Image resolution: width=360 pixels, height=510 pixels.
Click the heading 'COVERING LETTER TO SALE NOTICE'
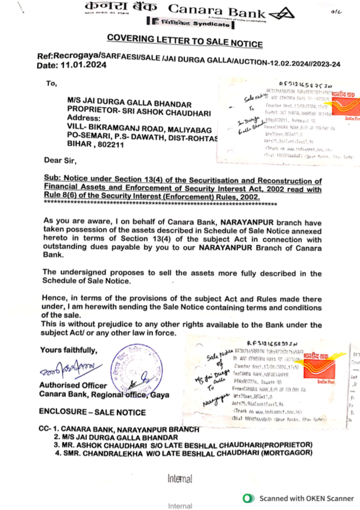(x=185, y=41)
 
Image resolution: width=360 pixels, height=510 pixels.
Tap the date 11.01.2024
(x=83, y=65)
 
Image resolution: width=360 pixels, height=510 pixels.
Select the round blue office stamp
(x=136, y=368)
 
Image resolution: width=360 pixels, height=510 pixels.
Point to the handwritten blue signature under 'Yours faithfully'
(x=70, y=368)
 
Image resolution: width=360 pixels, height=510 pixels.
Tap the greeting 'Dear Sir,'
(x=60, y=161)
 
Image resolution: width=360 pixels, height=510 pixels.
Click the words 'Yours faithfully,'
(x=69, y=350)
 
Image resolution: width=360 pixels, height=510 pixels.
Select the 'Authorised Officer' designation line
(x=73, y=385)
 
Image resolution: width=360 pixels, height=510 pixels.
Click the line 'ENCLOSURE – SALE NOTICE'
(x=93, y=412)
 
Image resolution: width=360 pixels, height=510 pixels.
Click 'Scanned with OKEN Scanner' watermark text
(x=306, y=498)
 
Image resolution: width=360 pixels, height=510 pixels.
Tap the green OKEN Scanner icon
(x=248, y=498)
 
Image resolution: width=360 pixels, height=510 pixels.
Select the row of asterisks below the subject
(x=160, y=203)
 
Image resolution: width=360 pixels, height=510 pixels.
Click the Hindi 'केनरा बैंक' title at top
(x=121, y=7)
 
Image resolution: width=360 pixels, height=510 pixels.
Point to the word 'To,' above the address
(x=51, y=84)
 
